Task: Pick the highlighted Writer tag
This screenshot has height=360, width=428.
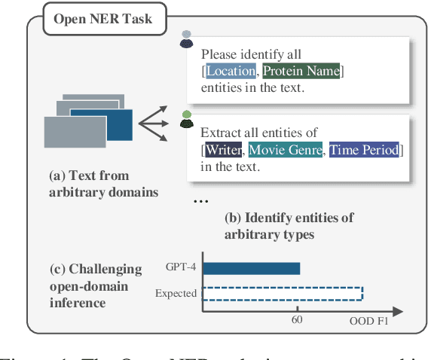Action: (x=224, y=150)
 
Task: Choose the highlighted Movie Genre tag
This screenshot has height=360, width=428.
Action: (x=285, y=150)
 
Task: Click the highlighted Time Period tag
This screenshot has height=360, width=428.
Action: (x=364, y=150)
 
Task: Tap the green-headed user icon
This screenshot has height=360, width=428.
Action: (x=187, y=119)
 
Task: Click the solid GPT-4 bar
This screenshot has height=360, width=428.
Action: (x=252, y=268)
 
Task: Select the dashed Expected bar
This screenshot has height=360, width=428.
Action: (x=283, y=294)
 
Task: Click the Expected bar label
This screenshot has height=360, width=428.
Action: (x=176, y=294)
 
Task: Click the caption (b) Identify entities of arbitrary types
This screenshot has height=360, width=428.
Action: (x=289, y=226)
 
